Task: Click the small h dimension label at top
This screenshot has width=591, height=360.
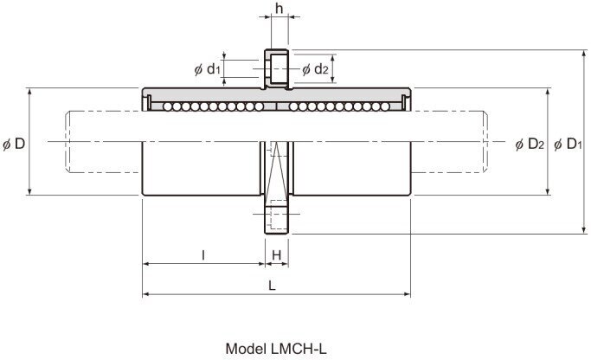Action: point(278,8)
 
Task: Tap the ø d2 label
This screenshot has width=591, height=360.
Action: point(314,68)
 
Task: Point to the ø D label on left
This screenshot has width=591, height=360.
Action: point(13,143)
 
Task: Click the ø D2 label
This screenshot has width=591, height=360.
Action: point(529,143)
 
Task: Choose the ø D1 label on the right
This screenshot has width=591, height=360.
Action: point(568,143)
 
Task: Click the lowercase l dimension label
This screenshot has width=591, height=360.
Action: point(202,254)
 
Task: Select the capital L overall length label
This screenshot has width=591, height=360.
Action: point(272,284)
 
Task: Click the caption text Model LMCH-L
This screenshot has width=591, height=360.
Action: point(276,348)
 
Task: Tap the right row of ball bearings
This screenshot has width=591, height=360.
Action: point(342,106)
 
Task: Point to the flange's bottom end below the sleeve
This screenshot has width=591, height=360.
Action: point(277,217)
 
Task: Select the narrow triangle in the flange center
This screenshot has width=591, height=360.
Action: point(277,173)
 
